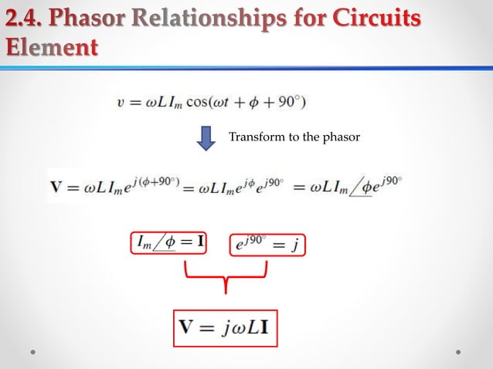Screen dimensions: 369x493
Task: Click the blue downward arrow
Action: (x=204, y=139)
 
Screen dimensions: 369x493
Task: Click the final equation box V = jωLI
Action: (x=224, y=327)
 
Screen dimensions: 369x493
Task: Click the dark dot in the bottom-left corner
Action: (x=33, y=351)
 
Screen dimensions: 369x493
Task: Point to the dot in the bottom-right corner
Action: (x=458, y=351)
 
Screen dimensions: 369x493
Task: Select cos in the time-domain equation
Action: (x=209, y=101)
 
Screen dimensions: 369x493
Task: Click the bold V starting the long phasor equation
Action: (x=57, y=186)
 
